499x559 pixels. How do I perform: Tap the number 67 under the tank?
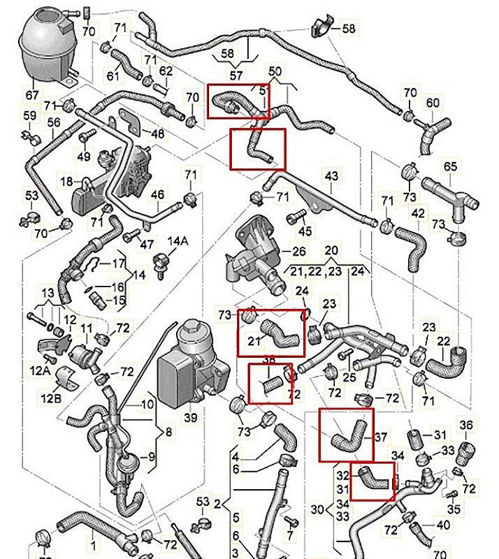pyautogui.click(x=33, y=94)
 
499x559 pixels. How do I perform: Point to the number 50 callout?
pyautogui.click(x=276, y=71)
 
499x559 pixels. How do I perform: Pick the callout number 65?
pyautogui.click(x=450, y=166)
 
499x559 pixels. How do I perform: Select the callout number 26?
pyautogui.click(x=300, y=251)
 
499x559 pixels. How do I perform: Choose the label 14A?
pyautogui.click(x=180, y=242)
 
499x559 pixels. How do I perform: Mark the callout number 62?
pyautogui.click(x=166, y=71)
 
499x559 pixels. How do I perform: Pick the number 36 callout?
pyautogui.click(x=465, y=424)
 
